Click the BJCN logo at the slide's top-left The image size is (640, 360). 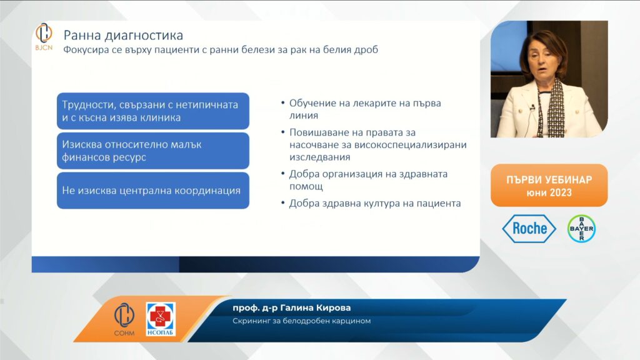click(x=44, y=37)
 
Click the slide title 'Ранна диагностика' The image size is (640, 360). click(x=123, y=36)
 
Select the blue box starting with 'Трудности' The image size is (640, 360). click(x=153, y=111)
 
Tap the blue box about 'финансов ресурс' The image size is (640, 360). click(x=153, y=151)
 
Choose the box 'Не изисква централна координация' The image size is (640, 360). click(x=153, y=191)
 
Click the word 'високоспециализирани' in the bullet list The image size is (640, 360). click(x=410, y=145)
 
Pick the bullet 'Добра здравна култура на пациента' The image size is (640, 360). click(x=375, y=203)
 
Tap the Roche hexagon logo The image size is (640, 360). click(x=529, y=229)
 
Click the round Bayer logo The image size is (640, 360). click(x=581, y=229)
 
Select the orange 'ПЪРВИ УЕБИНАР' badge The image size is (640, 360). click(x=549, y=186)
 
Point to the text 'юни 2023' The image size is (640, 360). click(x=549, y=192)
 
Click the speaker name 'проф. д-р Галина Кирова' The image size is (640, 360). click(x=291, y=307)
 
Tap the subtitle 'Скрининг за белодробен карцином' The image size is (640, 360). click(x=302, y=321)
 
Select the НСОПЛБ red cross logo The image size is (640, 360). click(x=161, y=319)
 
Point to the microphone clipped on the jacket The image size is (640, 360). click(x=532, y=107)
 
